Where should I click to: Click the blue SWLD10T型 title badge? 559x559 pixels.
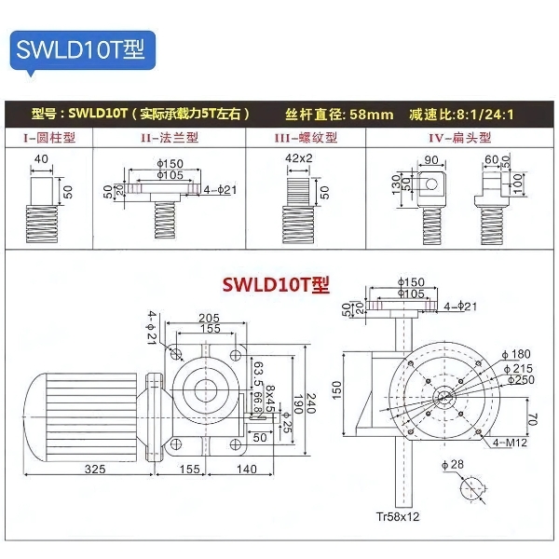80,48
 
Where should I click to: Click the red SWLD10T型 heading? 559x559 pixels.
276,283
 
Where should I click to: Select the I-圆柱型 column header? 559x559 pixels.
49,137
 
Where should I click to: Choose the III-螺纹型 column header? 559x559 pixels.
305,137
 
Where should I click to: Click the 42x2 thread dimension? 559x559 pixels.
299,158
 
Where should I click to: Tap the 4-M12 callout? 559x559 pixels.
511,443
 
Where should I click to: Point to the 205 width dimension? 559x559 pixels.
209,318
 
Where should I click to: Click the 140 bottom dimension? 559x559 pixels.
246,469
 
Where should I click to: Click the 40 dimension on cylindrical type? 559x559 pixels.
41,158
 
